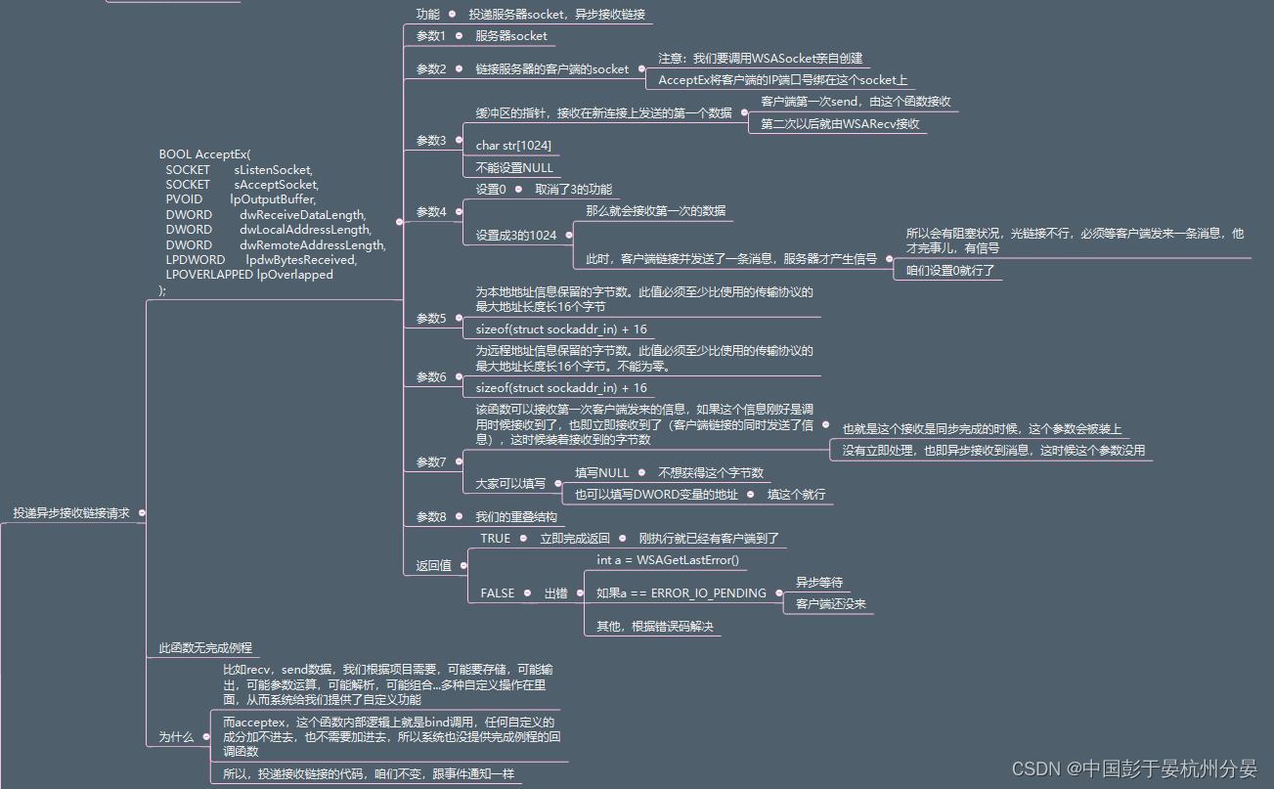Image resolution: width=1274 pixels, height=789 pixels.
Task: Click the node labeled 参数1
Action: pos(430,36)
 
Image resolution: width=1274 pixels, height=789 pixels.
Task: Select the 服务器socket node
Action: pos(511,36)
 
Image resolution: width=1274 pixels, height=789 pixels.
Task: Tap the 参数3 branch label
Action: pos(430,141)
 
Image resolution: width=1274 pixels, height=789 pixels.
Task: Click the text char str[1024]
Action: pos(513,146)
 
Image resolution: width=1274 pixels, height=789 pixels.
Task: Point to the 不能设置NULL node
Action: pos(514,168)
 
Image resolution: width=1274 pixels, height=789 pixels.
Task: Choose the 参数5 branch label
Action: pos(430,319)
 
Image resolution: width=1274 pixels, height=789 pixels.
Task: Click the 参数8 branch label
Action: pos(430,517)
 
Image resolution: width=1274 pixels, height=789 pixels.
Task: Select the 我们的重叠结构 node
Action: pos(516,517)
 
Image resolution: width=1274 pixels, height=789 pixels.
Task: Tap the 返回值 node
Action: pos(433,566)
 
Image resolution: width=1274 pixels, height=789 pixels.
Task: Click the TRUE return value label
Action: pos(495,539)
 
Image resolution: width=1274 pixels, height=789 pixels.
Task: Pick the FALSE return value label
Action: pos(497,593)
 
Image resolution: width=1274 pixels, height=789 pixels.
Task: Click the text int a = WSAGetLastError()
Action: pos(668,561)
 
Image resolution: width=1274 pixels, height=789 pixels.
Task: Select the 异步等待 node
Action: pos(818,583)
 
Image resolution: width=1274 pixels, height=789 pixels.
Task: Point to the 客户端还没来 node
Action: pos(830,604)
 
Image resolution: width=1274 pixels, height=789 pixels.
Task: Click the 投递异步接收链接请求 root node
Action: pos(70,513)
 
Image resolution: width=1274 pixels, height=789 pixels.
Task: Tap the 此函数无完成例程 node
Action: pos(205,648)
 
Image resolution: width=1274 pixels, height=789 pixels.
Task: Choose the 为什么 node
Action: pos(176,737)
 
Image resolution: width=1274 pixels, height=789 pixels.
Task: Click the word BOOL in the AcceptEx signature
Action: pos(175,154)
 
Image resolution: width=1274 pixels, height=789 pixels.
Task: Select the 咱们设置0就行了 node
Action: pos(949,271)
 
